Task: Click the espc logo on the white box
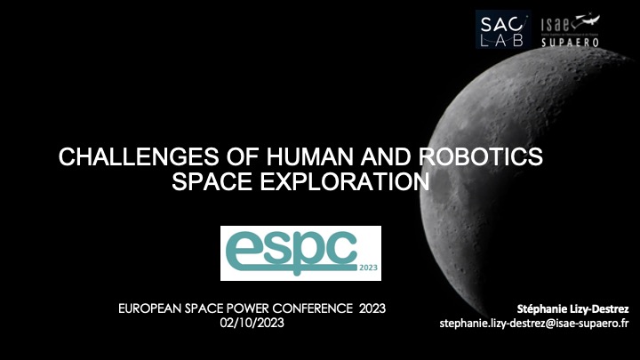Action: coord(300,252)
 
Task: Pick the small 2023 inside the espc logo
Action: coord(368,266)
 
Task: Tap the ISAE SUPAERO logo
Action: coord(569,28)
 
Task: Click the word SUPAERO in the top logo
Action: coord(569,42)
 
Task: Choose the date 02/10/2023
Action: coord(252,322)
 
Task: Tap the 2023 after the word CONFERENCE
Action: coord(373,308)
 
